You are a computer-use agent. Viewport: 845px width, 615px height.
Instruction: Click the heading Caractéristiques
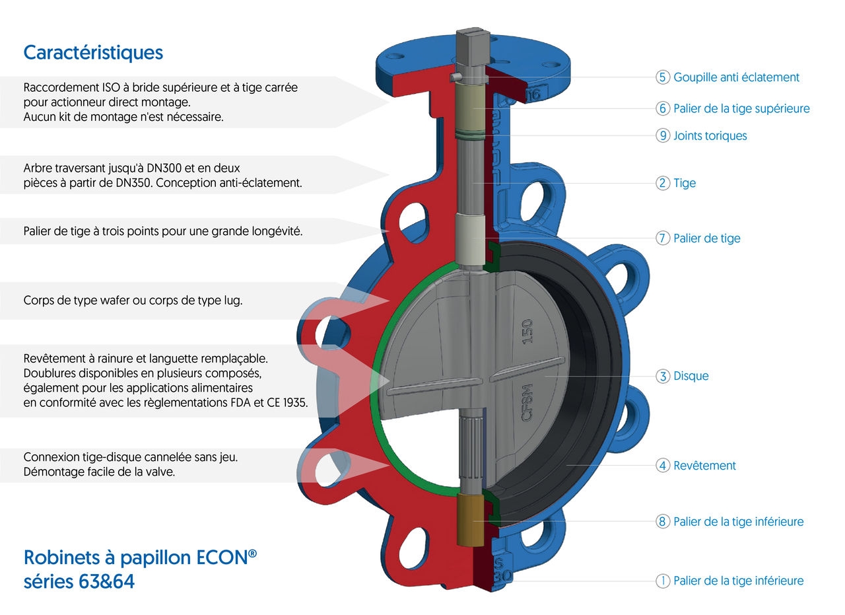tap(93, 52)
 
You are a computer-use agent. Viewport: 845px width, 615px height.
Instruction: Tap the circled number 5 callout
tap(663, 77)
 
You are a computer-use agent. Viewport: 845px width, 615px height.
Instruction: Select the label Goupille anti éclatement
tap(736, 77)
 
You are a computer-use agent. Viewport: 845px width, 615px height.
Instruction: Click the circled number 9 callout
tap(663, 135)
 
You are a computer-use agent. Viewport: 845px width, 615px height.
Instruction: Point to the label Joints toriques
tap(710, 135)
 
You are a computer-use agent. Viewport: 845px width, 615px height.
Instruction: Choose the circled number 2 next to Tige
tap(663, 183)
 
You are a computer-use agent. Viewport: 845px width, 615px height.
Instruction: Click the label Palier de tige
tap(707, 238)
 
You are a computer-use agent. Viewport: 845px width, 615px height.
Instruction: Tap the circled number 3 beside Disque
tap(663, 376)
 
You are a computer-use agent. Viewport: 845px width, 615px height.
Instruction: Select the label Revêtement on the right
tap(704, 465)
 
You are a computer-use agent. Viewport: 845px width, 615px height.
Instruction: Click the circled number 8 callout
tap(663, 521)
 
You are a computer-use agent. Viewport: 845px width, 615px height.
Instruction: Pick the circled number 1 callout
tap(663, 581)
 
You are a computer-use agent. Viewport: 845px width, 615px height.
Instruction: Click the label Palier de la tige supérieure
tap(741, 108)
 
